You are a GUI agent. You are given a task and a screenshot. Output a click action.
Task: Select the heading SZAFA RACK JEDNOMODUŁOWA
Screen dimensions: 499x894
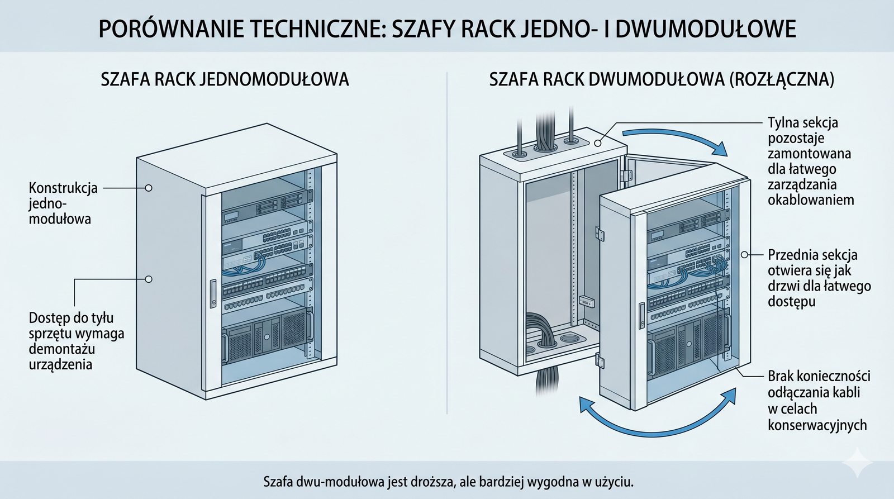tap(225, 79)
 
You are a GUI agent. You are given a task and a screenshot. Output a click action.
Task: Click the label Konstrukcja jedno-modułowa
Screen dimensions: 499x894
tap(63, 203)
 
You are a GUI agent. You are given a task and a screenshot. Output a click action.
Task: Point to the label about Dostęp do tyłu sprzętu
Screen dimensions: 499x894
tap(76, 341)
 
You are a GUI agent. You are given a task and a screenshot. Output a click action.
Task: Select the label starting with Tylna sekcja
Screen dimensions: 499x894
tap(810, 161)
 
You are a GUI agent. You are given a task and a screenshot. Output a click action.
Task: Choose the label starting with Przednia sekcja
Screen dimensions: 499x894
tap(819, 278)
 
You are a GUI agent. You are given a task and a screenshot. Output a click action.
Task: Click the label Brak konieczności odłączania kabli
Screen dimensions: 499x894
tap(819, 400)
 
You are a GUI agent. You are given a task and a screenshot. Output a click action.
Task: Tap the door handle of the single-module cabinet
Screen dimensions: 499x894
tap(213, 292)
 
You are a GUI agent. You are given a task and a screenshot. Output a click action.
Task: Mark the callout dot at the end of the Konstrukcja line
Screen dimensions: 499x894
tap(149, 188)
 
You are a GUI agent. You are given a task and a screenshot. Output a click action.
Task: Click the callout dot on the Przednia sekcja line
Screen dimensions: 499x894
tap(744, 254)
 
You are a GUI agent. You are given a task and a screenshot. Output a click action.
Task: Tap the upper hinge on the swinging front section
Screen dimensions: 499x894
tap(600, 231)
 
